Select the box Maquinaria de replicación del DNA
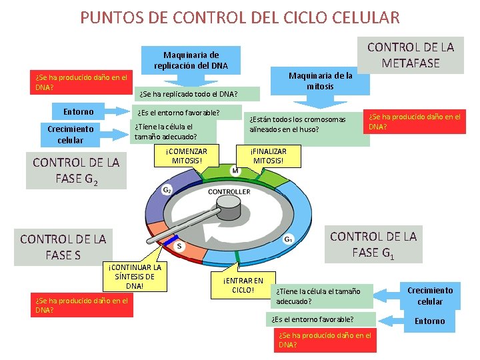(x=191, y=60)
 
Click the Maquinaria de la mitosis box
(x=320, y=81)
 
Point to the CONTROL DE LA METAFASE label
(x=411, y=55)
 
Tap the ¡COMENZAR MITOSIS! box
(x=187, y=156)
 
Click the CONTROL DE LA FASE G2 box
(x=76, y=171)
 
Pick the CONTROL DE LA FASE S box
(x=63, y=247)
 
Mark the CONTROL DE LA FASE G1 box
(x=373, y=244)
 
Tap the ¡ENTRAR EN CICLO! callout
(x=243, y=285)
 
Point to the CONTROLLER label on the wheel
(x=229, y=192)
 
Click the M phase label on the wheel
(x=235, y=172)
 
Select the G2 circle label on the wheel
(x=167, y=190)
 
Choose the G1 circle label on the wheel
(x=289, y=239)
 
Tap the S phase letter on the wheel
(x=179, y=247)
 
